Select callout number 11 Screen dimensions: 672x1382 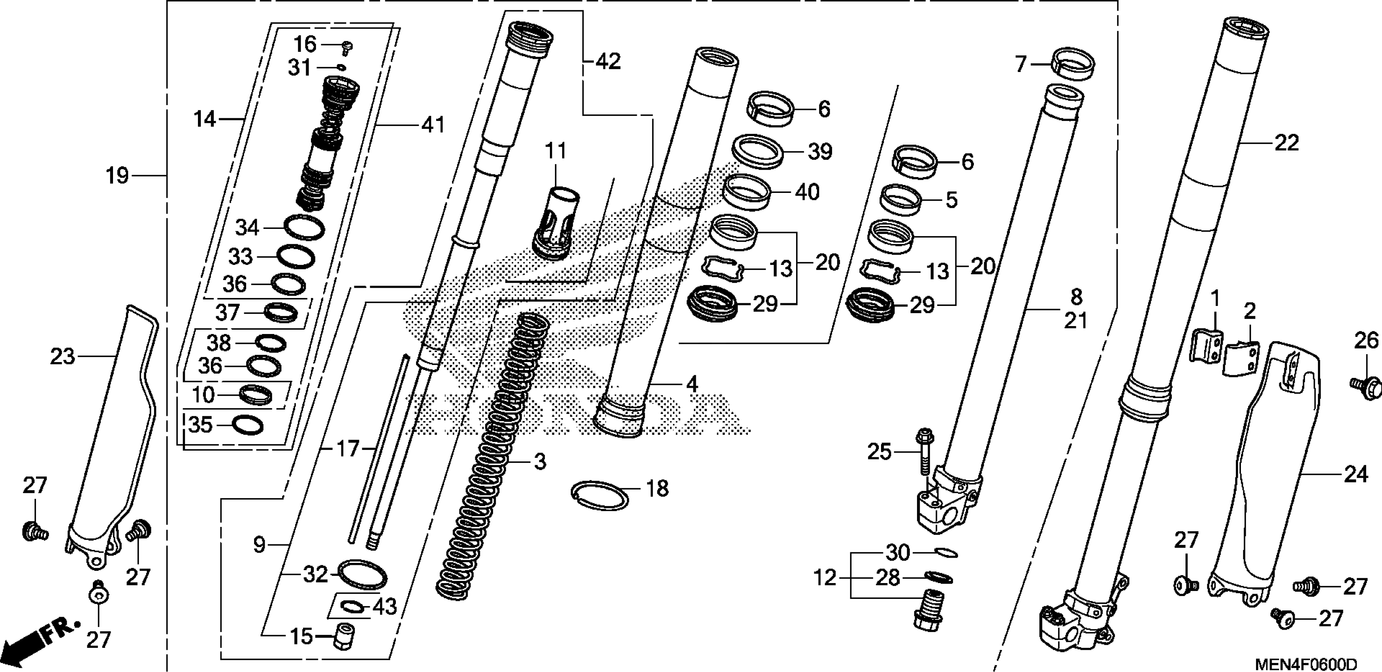(556, 151)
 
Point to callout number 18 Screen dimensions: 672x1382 (657, 489)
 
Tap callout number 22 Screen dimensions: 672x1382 (1286, 143)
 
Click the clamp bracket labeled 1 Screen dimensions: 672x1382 (1207, 346)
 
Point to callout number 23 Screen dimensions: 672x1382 (62, 357)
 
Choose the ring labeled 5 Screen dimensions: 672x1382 (902, 199)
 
